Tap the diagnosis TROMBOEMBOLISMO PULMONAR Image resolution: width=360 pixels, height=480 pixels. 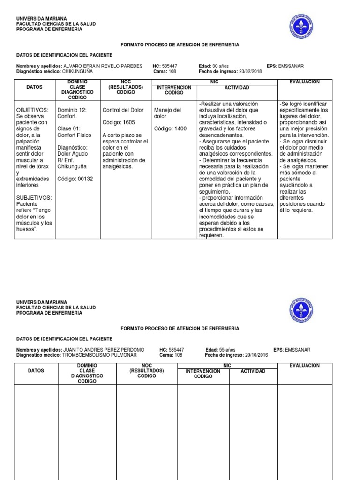[x=94, y=355]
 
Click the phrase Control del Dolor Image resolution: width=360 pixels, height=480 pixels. [x=123, y=110]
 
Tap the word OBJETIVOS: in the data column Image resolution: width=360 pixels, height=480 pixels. [x=32, y=110]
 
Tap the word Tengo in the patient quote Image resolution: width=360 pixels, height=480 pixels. [x=45, y=210]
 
